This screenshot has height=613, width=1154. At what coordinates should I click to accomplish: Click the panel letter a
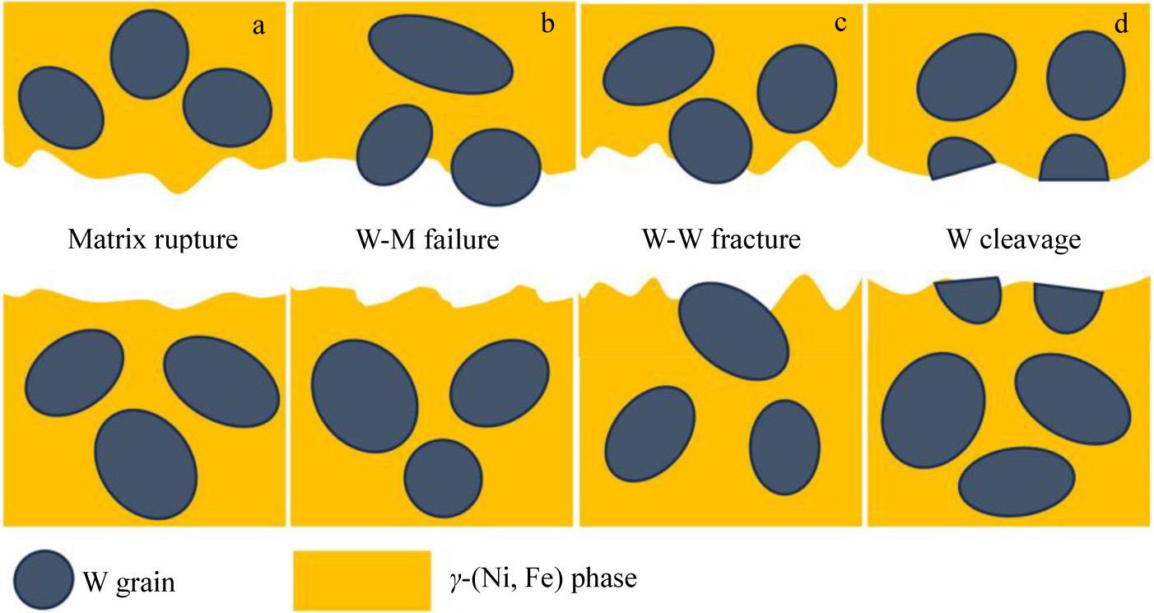pos(258,26)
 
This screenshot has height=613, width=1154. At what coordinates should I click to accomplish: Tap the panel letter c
pos(840,24)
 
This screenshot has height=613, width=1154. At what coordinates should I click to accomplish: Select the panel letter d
pos(1120,24)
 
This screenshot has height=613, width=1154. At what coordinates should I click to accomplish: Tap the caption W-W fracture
pos(721,241)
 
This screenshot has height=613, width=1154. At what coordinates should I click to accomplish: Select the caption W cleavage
pos(1013,241)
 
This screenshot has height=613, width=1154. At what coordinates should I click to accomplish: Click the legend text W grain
pos(129,583)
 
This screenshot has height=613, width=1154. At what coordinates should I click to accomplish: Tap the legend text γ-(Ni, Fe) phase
pos(539,580)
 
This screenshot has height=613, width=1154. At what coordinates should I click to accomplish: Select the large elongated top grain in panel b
pos(440,55)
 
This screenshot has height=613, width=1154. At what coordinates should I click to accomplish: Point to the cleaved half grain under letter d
pos(1073,158)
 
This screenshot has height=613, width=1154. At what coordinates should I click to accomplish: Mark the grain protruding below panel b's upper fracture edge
pos(496,168)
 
